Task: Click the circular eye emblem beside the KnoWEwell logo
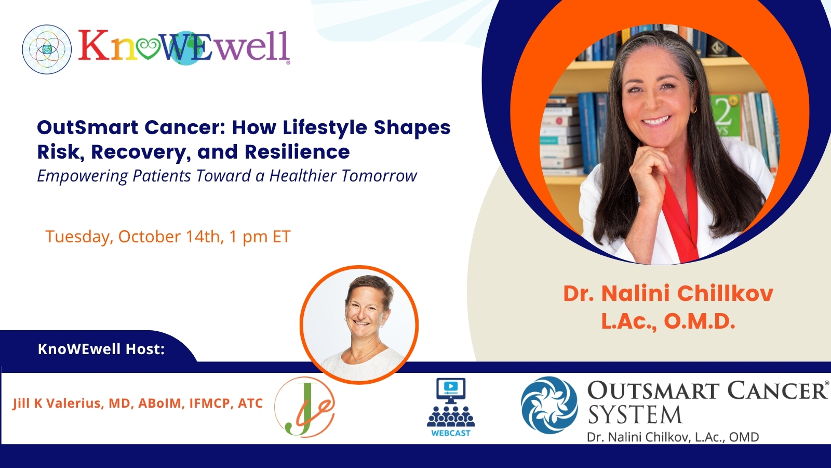click(x=47, y=49)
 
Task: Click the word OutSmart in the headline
click(x=88, y=127)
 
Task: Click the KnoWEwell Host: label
click(x=101, y=349)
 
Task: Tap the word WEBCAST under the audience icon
click(x=451, y=433)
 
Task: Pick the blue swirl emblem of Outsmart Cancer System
click(x=549, y=405)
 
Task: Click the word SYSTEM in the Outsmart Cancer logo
click(x=635, y=414)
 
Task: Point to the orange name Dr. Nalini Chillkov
click(x=668, y=293)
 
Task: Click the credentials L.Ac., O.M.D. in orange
click(x=668, y=322)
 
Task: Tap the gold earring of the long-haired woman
click(x=693, y=109)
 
